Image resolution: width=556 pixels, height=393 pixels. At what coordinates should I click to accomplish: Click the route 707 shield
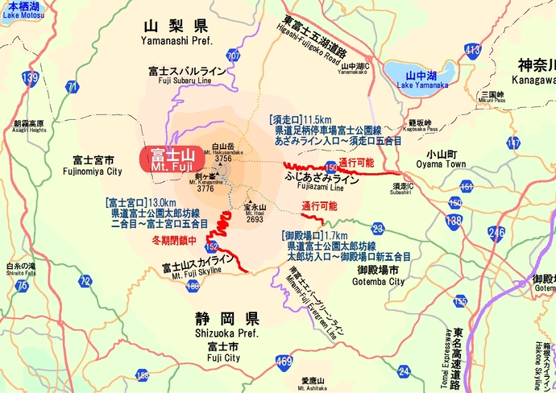tap(234, 56)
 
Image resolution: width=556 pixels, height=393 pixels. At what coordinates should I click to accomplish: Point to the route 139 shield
tap(31, 78)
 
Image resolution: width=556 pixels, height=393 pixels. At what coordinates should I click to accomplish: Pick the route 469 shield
tap(282, 362)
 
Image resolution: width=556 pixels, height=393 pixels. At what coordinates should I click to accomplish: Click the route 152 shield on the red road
tap(211, 246)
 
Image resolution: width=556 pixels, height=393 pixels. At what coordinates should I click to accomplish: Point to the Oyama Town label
tap(442, 159)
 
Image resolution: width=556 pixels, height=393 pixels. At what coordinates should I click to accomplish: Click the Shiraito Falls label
tap(21, 270)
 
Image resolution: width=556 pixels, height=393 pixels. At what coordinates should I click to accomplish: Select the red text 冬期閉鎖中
tap(173, 240)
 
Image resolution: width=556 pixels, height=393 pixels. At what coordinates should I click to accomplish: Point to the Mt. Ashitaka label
tap(312, 384)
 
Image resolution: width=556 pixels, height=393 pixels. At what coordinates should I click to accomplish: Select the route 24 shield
tap(404, 370)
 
